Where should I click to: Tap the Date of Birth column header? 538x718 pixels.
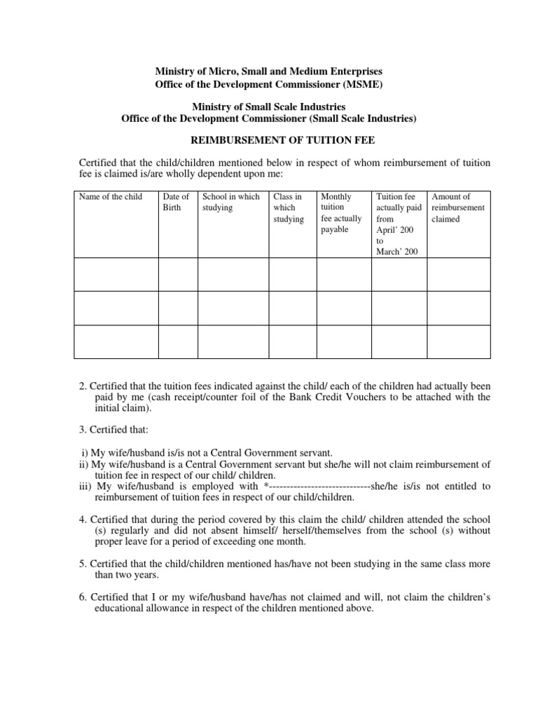click(176, 202)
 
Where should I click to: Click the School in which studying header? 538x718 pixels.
click(230, 202)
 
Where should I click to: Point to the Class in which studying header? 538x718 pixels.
click(288, 208)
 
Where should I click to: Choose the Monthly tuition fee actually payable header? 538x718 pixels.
click(341, 213)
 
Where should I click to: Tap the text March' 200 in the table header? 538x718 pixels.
click(397, 252)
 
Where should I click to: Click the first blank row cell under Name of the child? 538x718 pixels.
click(116, 274)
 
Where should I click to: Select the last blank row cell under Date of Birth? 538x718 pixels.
click(178, 341)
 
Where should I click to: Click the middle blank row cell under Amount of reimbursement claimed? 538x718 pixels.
click(459, 308)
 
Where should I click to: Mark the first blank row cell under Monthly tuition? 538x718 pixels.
click(344, 274)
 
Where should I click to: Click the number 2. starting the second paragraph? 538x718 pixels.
click(83, 385)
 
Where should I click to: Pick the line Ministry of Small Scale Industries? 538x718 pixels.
click(269, 107)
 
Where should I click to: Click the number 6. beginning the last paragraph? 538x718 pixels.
click(83, 597)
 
